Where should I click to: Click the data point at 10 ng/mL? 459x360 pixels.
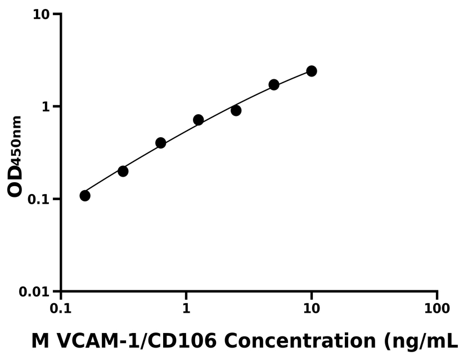[x=311, y=71]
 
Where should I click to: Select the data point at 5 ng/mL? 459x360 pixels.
[x=274, y=84]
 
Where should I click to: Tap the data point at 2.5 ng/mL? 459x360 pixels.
[x=236, y=110]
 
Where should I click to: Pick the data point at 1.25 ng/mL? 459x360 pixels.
[x=198, y=120]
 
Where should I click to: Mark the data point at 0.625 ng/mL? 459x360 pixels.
[x=161, y=143]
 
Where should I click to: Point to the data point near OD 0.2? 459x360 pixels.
[x=123, y=171]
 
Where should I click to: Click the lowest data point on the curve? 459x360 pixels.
[x=85, y=196]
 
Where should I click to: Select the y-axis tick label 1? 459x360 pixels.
[x=48, y=107]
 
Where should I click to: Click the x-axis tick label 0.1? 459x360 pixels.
[x=61, y=308]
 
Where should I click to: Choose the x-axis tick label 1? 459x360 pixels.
[x=186, y=308]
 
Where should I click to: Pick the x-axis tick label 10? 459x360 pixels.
[x=312, y=308]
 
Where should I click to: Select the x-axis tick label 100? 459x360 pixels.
[x=437, y=308]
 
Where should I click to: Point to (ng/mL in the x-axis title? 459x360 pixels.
[x=418, y=341]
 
